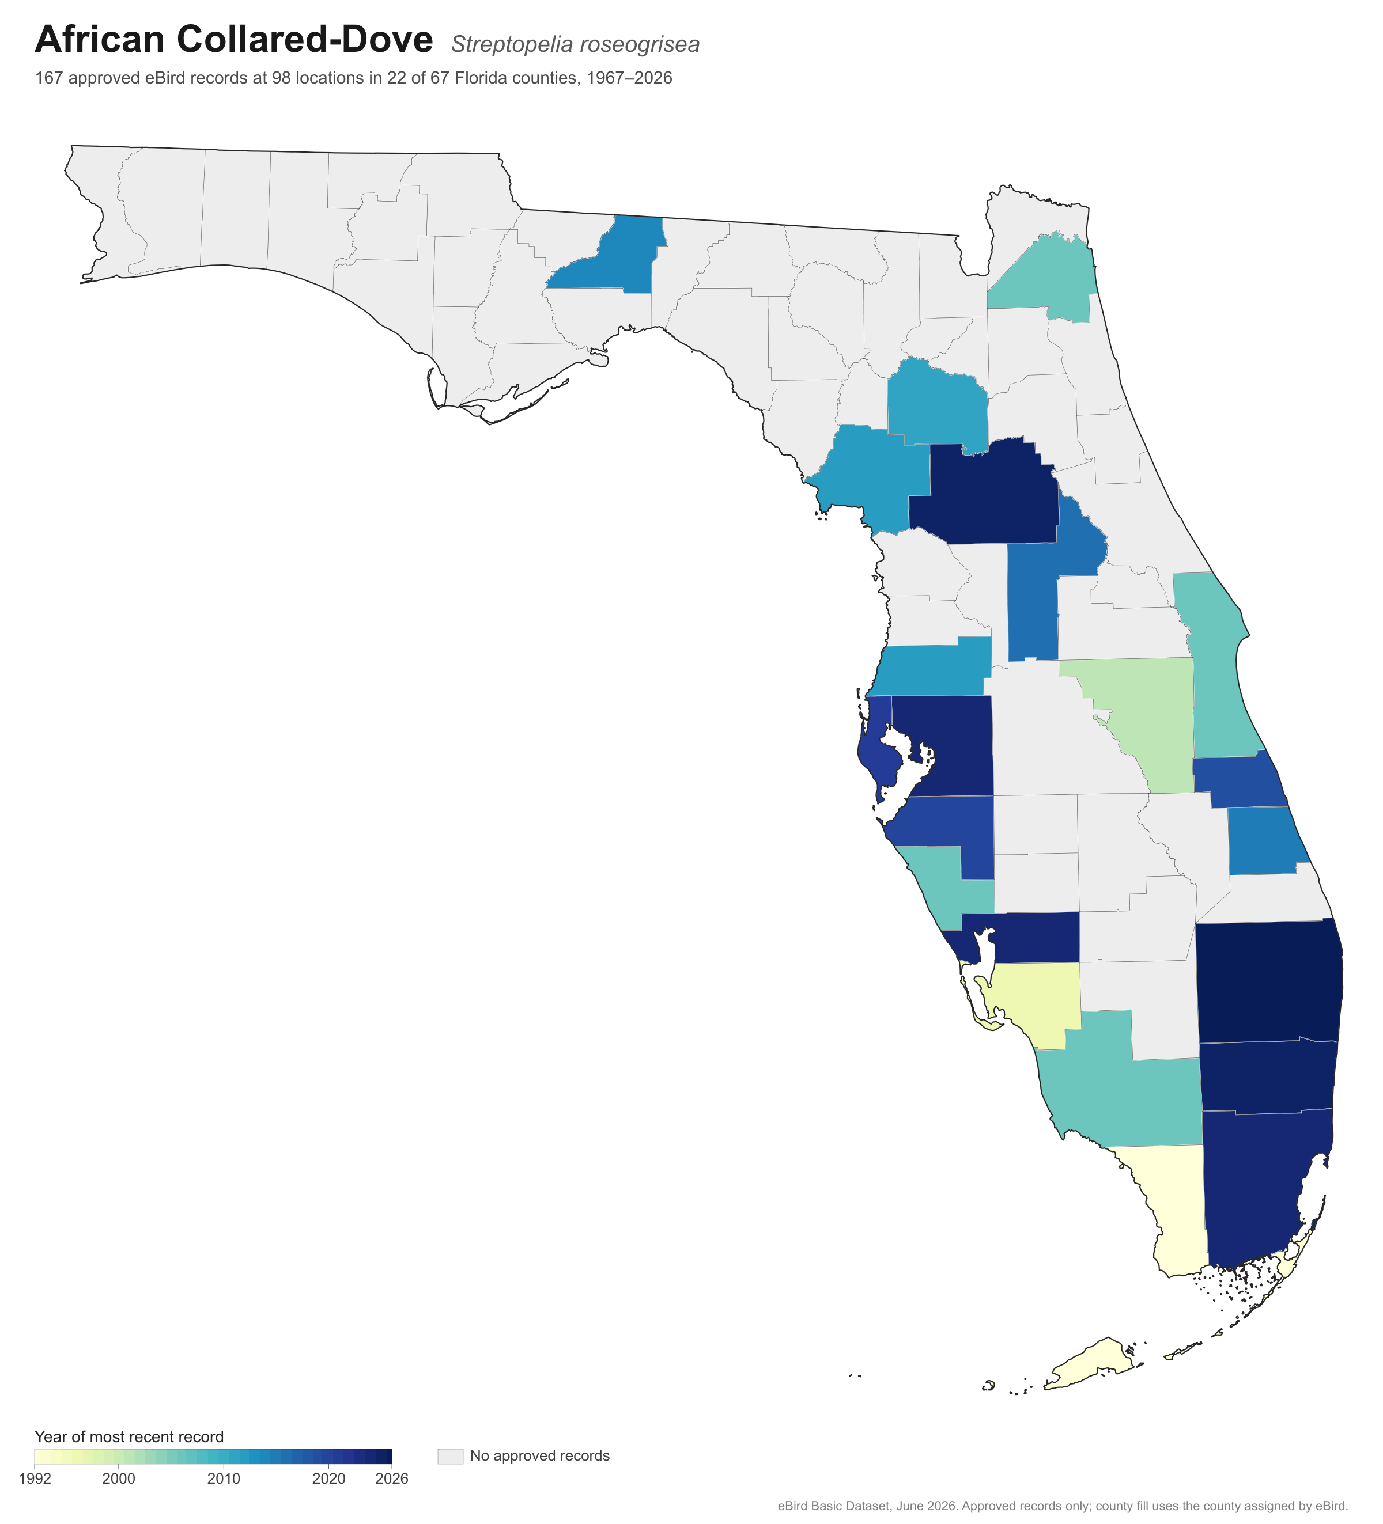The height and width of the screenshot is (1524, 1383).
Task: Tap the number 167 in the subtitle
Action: [x=48, y=78]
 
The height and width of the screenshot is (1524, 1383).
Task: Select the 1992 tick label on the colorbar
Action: [x=35, y=1478]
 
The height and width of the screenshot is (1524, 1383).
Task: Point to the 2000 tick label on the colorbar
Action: [x=119, y=1478]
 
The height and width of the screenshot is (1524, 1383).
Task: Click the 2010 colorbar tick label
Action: [x=224, y=1478]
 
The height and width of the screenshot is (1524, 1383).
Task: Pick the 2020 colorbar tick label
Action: [x=329, y=1478]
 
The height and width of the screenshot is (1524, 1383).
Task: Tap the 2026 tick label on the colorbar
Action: [x=392, y=1478]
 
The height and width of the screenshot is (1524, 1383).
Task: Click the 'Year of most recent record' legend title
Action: [x=129, y=1437]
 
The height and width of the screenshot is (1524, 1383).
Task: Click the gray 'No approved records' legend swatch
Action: [x=450, y=1456]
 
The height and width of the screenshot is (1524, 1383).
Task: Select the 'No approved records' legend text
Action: [x=540, y=1456]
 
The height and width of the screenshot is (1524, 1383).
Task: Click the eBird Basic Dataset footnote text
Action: [x=1063, y=1506]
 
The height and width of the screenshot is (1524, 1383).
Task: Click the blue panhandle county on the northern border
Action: [x=616, y=261]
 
